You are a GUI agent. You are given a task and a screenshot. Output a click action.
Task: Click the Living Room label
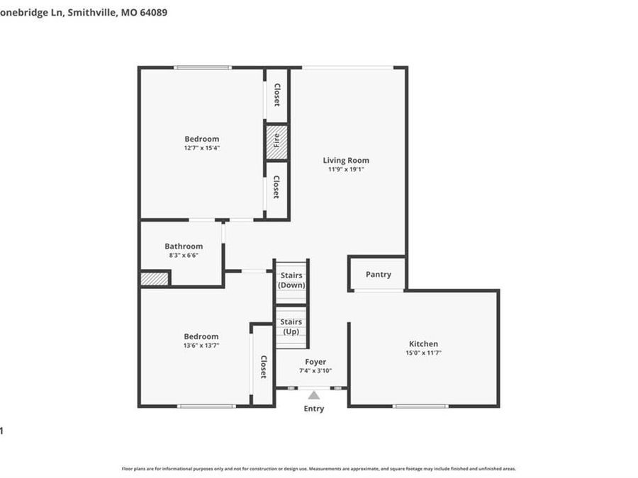tap(346, 160)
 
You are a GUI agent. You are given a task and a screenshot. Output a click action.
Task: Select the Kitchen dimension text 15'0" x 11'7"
tap(422, 353)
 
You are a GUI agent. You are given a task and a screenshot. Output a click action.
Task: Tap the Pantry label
tap(378, 274)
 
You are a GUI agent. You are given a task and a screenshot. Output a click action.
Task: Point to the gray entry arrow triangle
tap(313, 395)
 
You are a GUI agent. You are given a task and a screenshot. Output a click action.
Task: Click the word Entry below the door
tap(313, 409)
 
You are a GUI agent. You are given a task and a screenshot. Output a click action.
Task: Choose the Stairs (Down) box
tap(291, 280)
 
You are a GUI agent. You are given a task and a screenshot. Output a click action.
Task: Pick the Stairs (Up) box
tap(291, 327)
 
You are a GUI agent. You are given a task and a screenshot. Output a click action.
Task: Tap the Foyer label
tap(315, 362)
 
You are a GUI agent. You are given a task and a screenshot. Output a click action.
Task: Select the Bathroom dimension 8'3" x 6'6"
tap(184, 255)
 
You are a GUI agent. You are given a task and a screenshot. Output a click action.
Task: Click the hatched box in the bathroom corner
tap(155, 279)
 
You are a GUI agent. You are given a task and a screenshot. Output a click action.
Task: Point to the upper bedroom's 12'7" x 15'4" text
tap(202, 148)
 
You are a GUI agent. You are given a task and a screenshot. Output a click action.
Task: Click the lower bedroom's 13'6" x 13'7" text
tap(202, 346)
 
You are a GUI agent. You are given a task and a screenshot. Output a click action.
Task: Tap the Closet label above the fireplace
tap(276, 94)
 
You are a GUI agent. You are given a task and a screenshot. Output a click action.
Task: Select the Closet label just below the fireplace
tap(276, 186)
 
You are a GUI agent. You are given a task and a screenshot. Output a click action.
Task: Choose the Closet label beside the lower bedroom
tap(263, 367)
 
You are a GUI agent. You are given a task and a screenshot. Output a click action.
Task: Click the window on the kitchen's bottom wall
tap(421, 406)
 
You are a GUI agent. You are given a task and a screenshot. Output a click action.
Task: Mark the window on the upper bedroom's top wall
tap(203, 67)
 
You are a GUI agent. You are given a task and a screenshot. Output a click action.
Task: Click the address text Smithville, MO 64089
tap(119, 12)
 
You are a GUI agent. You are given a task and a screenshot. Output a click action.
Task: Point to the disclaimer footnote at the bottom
tap(319, 469)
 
